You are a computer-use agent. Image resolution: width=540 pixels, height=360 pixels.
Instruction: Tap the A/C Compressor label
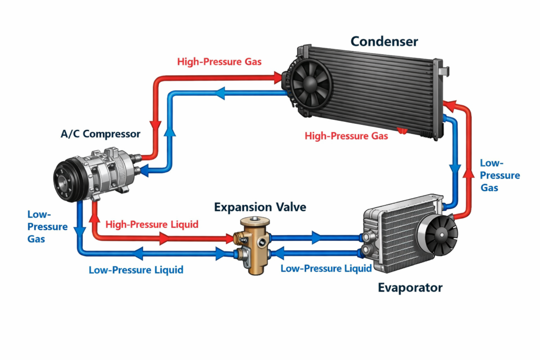(x=100, y=134)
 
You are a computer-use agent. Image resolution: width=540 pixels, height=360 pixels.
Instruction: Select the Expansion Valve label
(x=260, y=207)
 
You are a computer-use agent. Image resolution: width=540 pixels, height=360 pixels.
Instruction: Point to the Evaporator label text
(x=410, y=288)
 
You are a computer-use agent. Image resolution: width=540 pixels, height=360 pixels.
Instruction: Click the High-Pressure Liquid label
(x=152, y=225)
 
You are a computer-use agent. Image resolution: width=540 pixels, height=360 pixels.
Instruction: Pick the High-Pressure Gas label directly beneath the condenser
(x=346, y=136)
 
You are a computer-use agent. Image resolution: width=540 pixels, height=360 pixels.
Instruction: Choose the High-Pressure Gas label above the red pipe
(x=219, y=62)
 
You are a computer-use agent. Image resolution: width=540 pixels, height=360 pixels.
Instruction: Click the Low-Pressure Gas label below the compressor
(x=47, y=227)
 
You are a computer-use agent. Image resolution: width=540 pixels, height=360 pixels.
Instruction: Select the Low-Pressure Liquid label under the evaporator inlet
(x=326, y=268)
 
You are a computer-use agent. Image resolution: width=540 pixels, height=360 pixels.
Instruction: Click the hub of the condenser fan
(x=307, y=84)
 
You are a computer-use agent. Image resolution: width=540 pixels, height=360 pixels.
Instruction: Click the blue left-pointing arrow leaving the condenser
(x=218, y=94)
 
